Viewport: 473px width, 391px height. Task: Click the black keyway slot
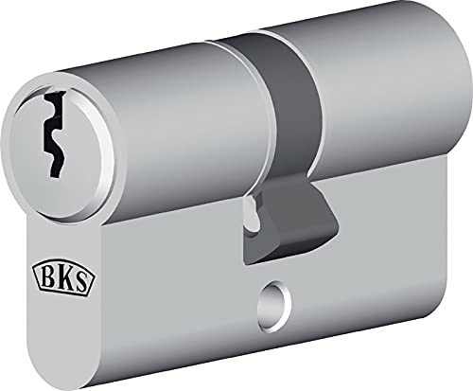[53, 133]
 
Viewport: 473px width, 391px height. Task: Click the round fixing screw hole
[274, 307]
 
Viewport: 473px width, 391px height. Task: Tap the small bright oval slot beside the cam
[251, 212]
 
